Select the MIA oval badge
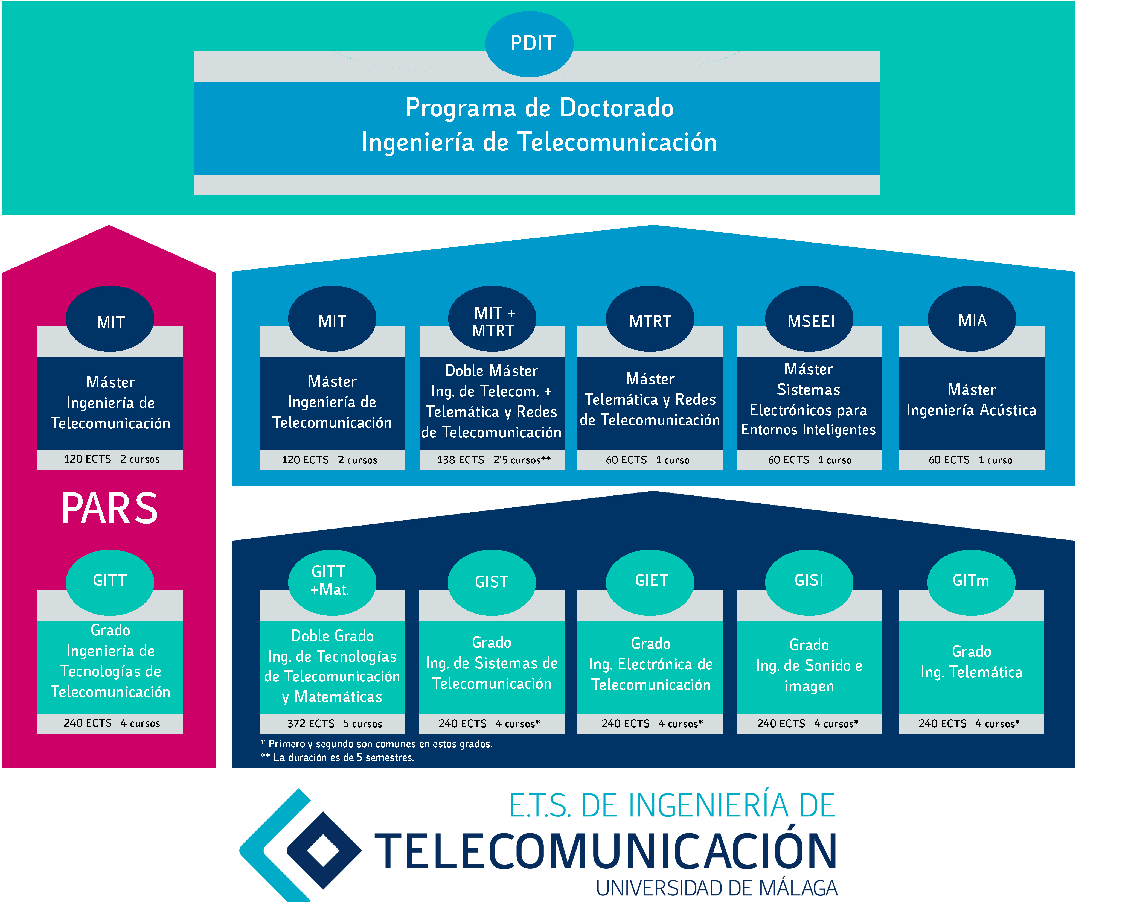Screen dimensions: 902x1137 [x=972, y=319]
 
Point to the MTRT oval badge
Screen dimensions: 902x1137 [x=650, y=319]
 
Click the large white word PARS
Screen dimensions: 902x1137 [x=110, y=508]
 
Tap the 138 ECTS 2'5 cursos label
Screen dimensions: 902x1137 [x=493, y=460]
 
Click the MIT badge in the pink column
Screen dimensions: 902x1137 [x=110, y=319]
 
